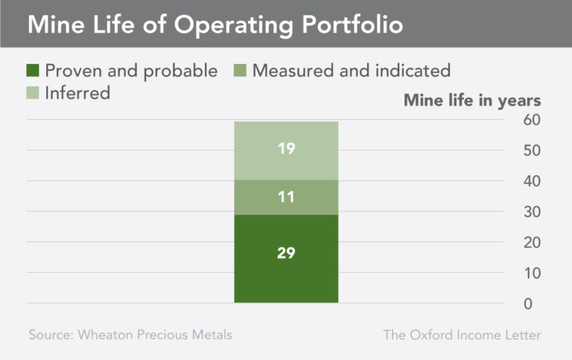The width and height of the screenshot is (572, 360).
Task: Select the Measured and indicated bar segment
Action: (286, 198)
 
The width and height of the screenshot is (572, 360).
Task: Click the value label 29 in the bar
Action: (286, 253)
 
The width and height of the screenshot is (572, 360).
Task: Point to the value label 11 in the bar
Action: (286, 198)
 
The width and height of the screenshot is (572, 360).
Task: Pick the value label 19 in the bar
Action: (286, 148)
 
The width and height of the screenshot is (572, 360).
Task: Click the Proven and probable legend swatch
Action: (33, 71)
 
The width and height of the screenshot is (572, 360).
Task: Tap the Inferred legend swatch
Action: (33, 93)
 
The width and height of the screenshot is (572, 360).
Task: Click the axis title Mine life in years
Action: (472, 100)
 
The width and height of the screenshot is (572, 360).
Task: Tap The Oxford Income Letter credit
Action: (462, 335)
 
